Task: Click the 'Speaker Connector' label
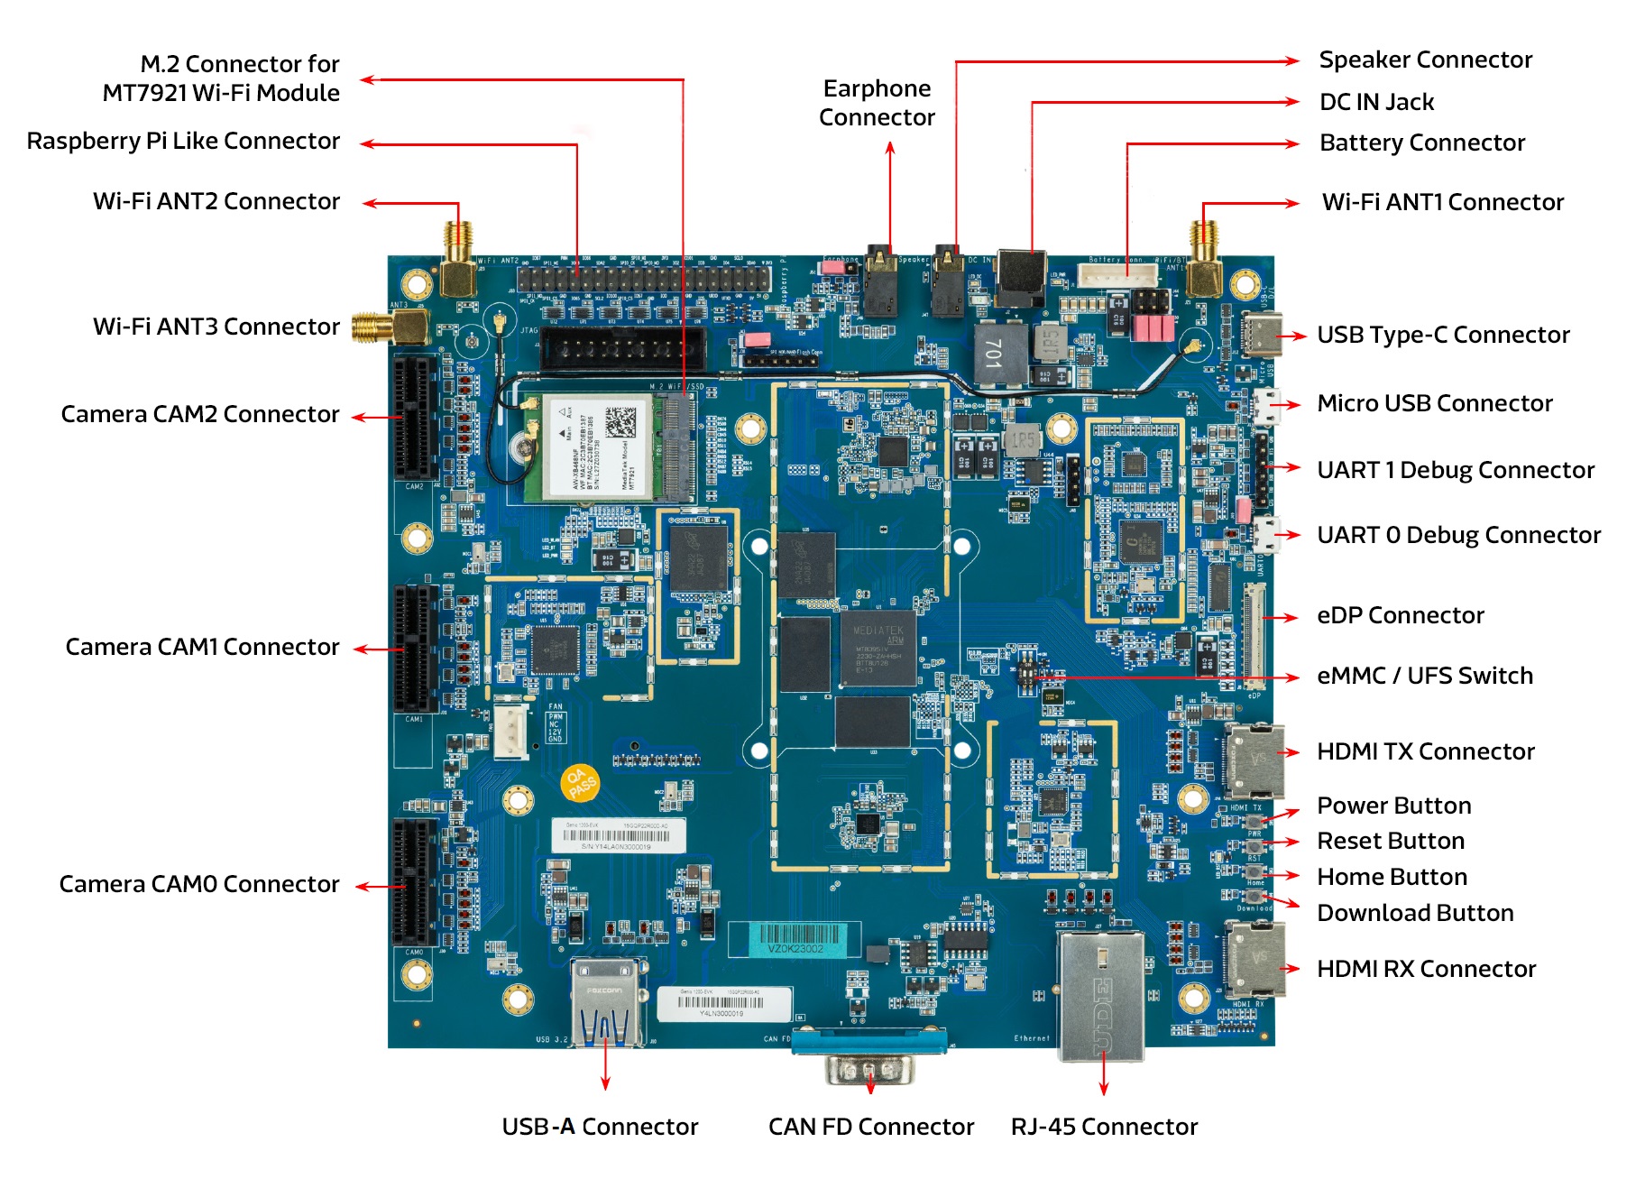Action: pyautogui.click(x=1425, y=60)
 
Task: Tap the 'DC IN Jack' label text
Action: pyautogui.click(x=1376, y=102)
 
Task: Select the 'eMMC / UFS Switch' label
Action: pyautogui.click(x=1424, y=676)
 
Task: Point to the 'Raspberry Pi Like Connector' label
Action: pyautogui.click(x=183, y=142)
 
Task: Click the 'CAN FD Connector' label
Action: pyautogui.click(x=870, y=1127)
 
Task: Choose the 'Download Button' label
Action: pyautogui.click(x=1414, y=913)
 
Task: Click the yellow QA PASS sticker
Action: pyautogui.click(x=579, y=782)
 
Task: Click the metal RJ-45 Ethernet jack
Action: pyautogui.click(x=1101, y=996)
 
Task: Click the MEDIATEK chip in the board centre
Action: pyautogui.click(x=878, y=649)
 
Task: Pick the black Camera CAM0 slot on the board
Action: pyautogui.click(x=414, y=882)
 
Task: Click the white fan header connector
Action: pyautogui.click(x=511, y=729)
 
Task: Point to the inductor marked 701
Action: pyautogui.click(x=999, y=353)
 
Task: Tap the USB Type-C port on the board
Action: pyautogui.click(x=1262, y=335)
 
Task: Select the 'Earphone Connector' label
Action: pyautogui.click(x=877, y=103)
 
